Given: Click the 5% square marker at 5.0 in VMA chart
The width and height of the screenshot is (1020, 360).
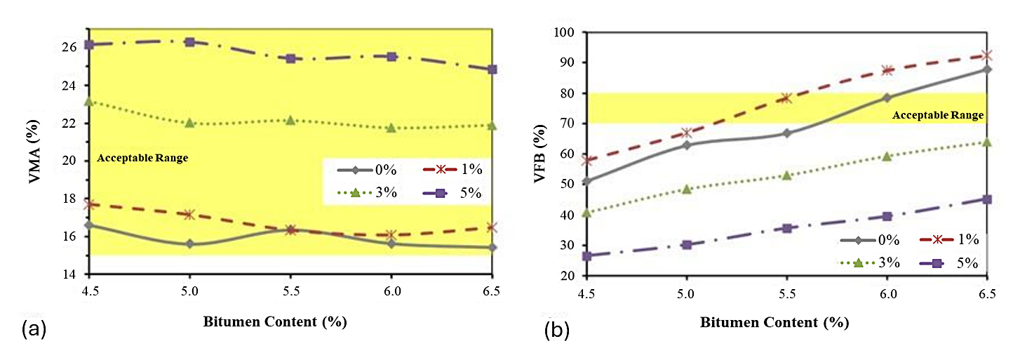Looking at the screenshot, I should click(x=189, y=42).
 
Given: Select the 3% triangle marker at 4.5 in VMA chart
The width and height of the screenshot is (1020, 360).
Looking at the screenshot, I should click(x=88, y=102).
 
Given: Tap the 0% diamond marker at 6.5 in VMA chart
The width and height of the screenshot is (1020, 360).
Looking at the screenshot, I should click(x=492, y=247).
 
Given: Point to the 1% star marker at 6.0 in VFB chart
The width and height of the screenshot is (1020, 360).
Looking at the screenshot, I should click(x=887, y=70).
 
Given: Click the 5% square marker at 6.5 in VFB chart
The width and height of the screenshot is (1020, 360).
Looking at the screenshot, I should click(x=987, y=199).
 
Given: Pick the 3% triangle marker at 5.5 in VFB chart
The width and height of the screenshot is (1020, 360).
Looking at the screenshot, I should click(x=787, y=175).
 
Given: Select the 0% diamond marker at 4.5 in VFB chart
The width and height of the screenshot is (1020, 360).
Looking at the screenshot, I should click(x=587, y=181).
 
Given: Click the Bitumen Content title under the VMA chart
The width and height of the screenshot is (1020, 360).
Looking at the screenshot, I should click(x=275, y=322).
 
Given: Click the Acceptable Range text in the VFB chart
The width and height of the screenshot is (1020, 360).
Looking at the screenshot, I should click(x=938, y=115).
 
